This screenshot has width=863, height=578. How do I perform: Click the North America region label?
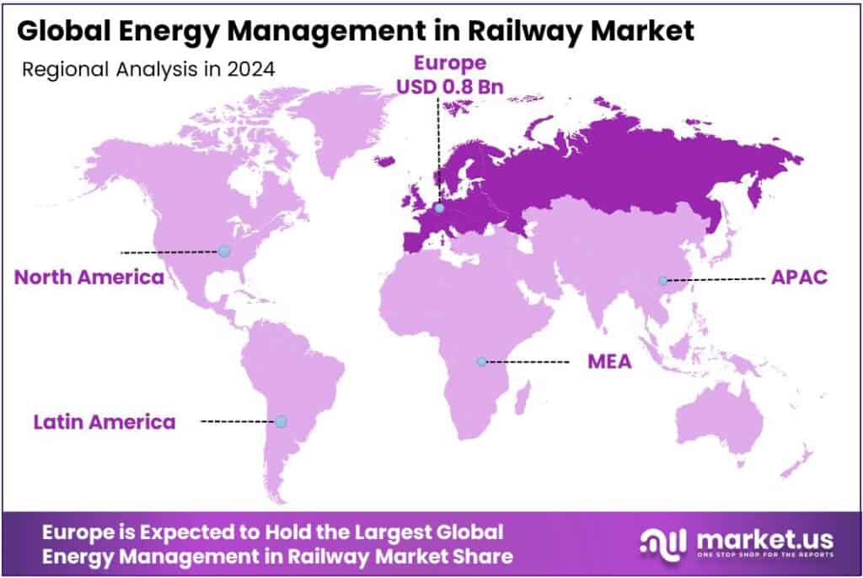pyautogui.click(x=89, y=277)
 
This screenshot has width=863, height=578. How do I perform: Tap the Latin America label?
pyautogui.click(x=105, y=421)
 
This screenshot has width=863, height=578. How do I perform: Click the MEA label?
pyautogui.click(x=609, y=362)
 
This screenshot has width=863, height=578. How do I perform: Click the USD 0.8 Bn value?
pyautogui.click(x=437, y=86)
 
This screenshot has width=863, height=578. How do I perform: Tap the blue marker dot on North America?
pyautogui.click(x=224, y=251)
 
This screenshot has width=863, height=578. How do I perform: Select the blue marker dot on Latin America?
pyautogui.click(x=281, y=420)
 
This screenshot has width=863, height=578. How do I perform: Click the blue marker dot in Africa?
pyautogui.click(x=481, y=361)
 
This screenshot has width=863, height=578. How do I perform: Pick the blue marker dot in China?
pyautogui.click(x=663, y=280)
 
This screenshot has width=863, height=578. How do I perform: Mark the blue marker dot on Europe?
pyautogui.click(x=438, y=206)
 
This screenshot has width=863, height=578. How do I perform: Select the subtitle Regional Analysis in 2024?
pyautogui.click(x=148, y=70)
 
